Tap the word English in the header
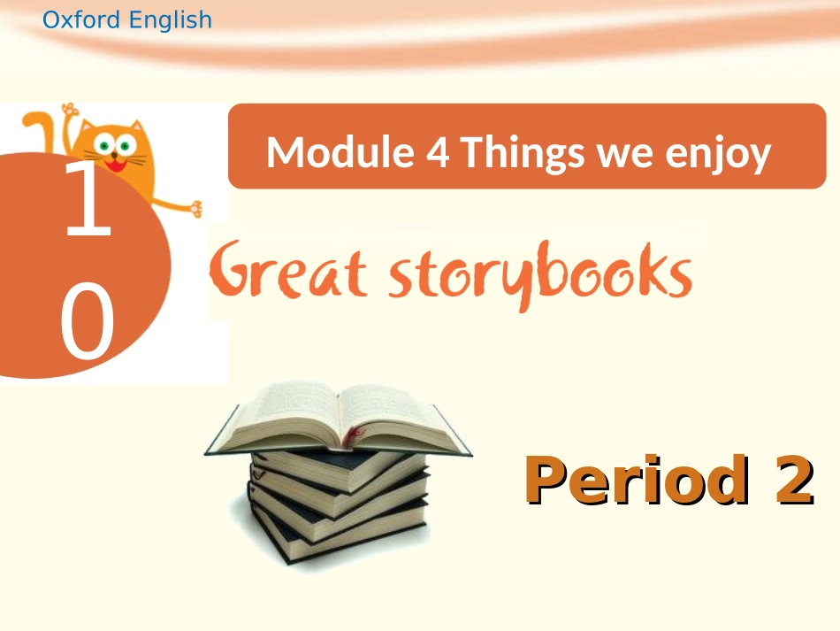[x=171, y=20]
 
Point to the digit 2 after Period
[x=787, y=480]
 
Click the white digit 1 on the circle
[x=88, y=201]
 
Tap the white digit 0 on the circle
[x=88, y=323]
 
